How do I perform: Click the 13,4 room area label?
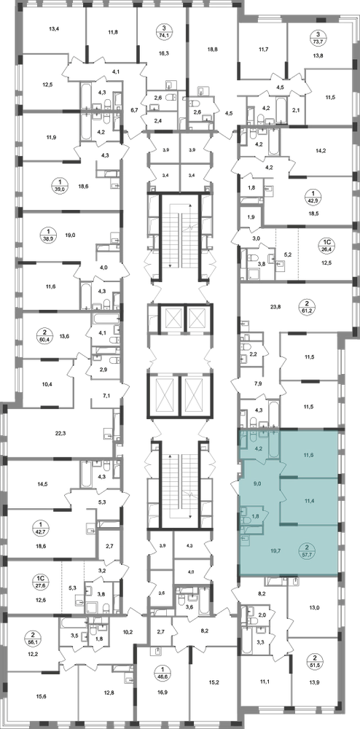click(x=55, y=28)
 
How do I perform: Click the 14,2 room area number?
click(x=321, y=150)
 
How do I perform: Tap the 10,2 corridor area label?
click(x=127, y=631)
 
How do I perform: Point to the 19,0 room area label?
click(x=70, y=235)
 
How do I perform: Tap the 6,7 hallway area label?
click(x=135, y=110)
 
